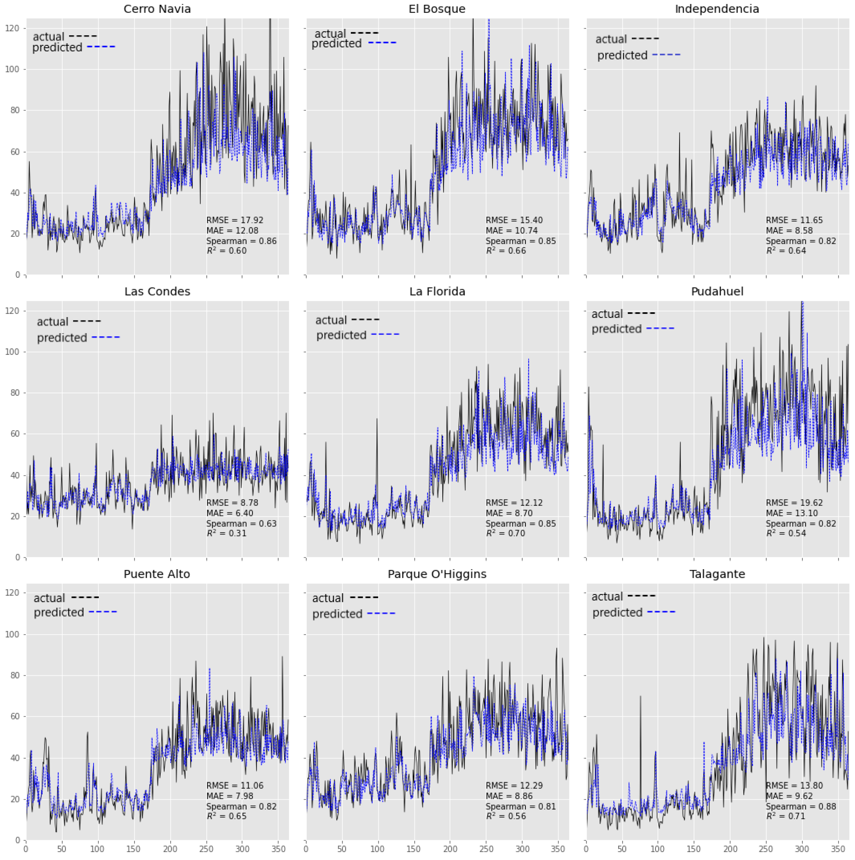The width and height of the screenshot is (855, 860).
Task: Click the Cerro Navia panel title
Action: coord(157,9)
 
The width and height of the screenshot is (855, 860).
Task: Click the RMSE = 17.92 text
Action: coord(235,220)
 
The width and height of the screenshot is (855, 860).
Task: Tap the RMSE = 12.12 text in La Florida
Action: coord(514,503)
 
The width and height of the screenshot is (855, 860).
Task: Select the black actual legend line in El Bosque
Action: coord(364,32)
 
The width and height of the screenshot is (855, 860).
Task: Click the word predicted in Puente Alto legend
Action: coord(59,612)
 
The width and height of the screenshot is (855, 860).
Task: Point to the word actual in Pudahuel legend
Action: coord(607,314)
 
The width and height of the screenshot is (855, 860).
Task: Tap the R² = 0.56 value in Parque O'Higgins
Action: coord(506,816)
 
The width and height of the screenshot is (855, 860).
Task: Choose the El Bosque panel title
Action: coord(437,9)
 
